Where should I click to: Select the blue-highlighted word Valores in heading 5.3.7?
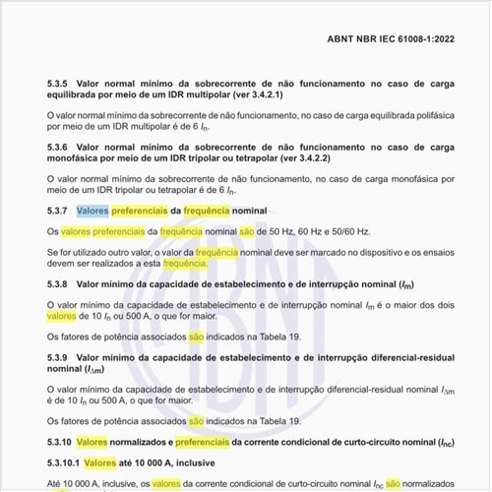pyautogui.click(x=92, y=211)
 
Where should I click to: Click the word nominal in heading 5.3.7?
pyautogui.click(x=250, y=211)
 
